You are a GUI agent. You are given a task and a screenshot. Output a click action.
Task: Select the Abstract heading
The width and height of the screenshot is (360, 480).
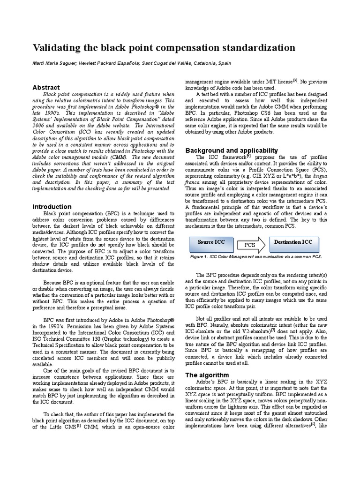[46, 88]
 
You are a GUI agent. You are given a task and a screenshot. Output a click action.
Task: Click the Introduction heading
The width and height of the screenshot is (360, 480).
[52, 207]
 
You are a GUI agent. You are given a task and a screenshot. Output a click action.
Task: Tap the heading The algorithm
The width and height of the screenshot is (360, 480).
[208, 375]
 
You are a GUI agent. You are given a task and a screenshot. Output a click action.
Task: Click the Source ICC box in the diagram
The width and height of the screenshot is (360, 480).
[211, 242]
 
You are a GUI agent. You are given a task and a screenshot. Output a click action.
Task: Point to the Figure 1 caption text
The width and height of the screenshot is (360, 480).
[256, 257]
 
